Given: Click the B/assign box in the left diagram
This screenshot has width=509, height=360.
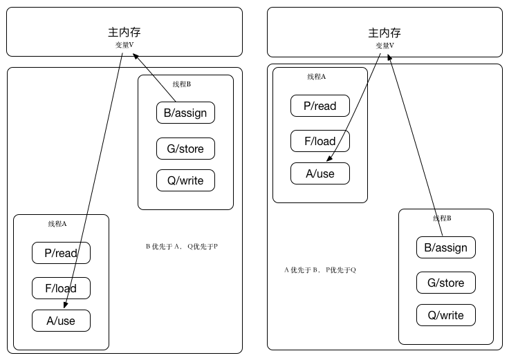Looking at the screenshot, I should click(185, 113).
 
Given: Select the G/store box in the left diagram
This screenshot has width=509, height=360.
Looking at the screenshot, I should click(185, 149).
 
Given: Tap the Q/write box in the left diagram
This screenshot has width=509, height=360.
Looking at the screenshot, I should click(185, 180).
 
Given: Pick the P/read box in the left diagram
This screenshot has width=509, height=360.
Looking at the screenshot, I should click(61, 253).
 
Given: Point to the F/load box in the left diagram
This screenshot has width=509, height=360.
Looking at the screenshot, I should click(61, 288).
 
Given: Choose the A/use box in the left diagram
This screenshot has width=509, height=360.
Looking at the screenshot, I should click(61, 321).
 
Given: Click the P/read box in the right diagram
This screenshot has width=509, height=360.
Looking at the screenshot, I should click(320, 106).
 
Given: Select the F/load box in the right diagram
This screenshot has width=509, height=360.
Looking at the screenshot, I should click(320, 141).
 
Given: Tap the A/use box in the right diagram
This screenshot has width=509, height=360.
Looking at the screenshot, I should click(320, 173).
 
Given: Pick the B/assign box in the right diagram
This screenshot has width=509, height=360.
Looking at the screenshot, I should click(445, 247).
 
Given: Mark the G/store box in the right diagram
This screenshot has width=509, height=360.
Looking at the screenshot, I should click(445, 283).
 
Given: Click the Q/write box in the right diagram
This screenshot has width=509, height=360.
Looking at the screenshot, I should click(445, 315).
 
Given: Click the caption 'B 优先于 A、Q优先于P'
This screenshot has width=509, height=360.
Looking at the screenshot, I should click(182, 246).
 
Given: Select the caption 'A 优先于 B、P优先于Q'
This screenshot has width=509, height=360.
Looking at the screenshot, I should click(320, 269).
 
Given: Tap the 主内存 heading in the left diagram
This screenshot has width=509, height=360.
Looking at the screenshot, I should click(124, 32).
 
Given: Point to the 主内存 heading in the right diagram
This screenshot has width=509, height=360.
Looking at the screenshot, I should click(385, 32).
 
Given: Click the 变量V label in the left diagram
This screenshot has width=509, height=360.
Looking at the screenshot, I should click(124, 45).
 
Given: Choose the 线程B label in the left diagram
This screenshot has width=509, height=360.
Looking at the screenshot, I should click(182, 84).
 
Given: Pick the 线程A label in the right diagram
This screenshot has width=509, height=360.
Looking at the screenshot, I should click(317, 77).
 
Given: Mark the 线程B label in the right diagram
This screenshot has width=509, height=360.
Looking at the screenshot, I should click(442, 218).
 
